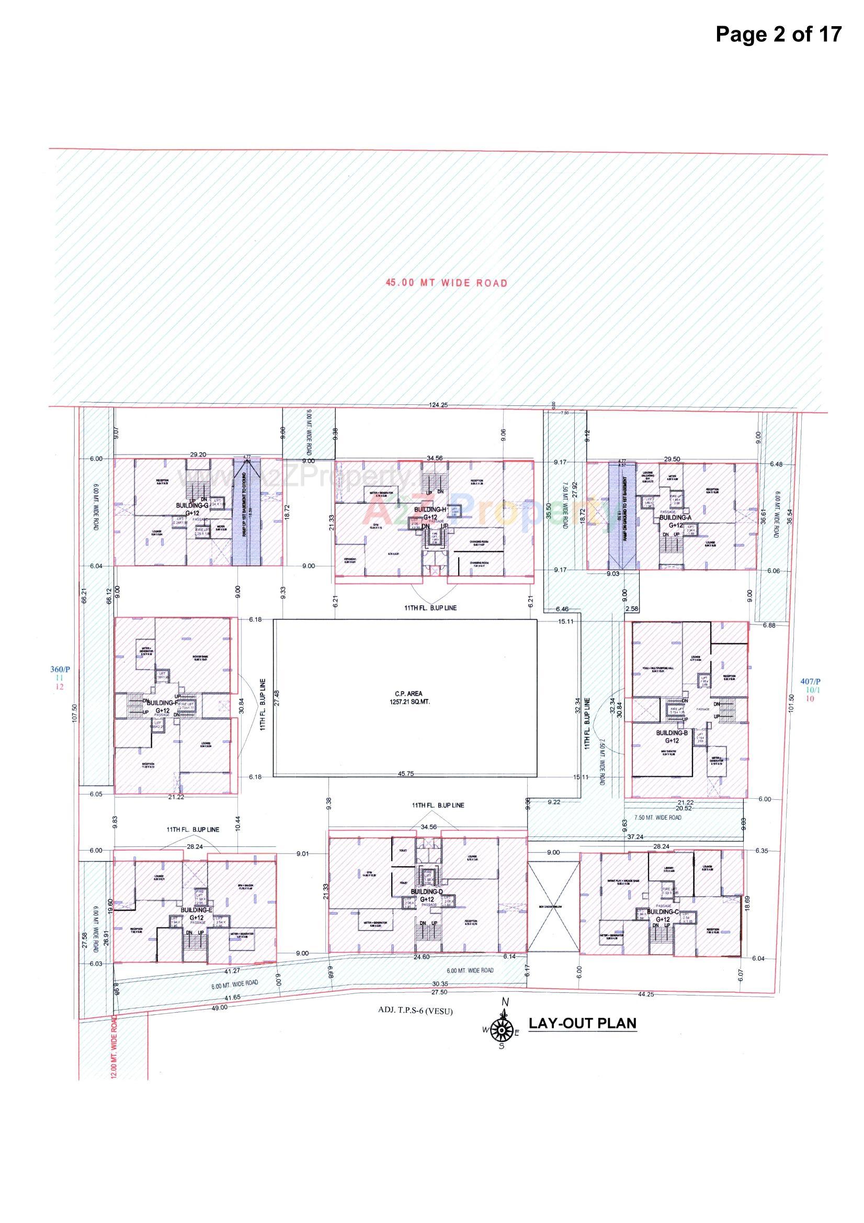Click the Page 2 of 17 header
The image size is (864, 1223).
point(778,34)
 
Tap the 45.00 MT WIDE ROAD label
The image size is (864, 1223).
point(446,283)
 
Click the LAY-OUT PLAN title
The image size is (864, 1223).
point(582,1023)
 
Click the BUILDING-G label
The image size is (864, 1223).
point(192,505)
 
